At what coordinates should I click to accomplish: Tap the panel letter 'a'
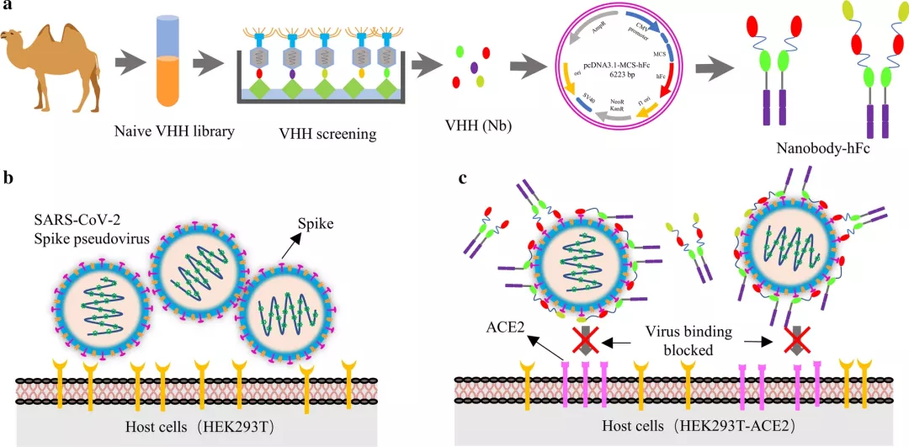click(x=7, y=8)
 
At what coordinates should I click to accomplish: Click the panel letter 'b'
click(x=8, y=178)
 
